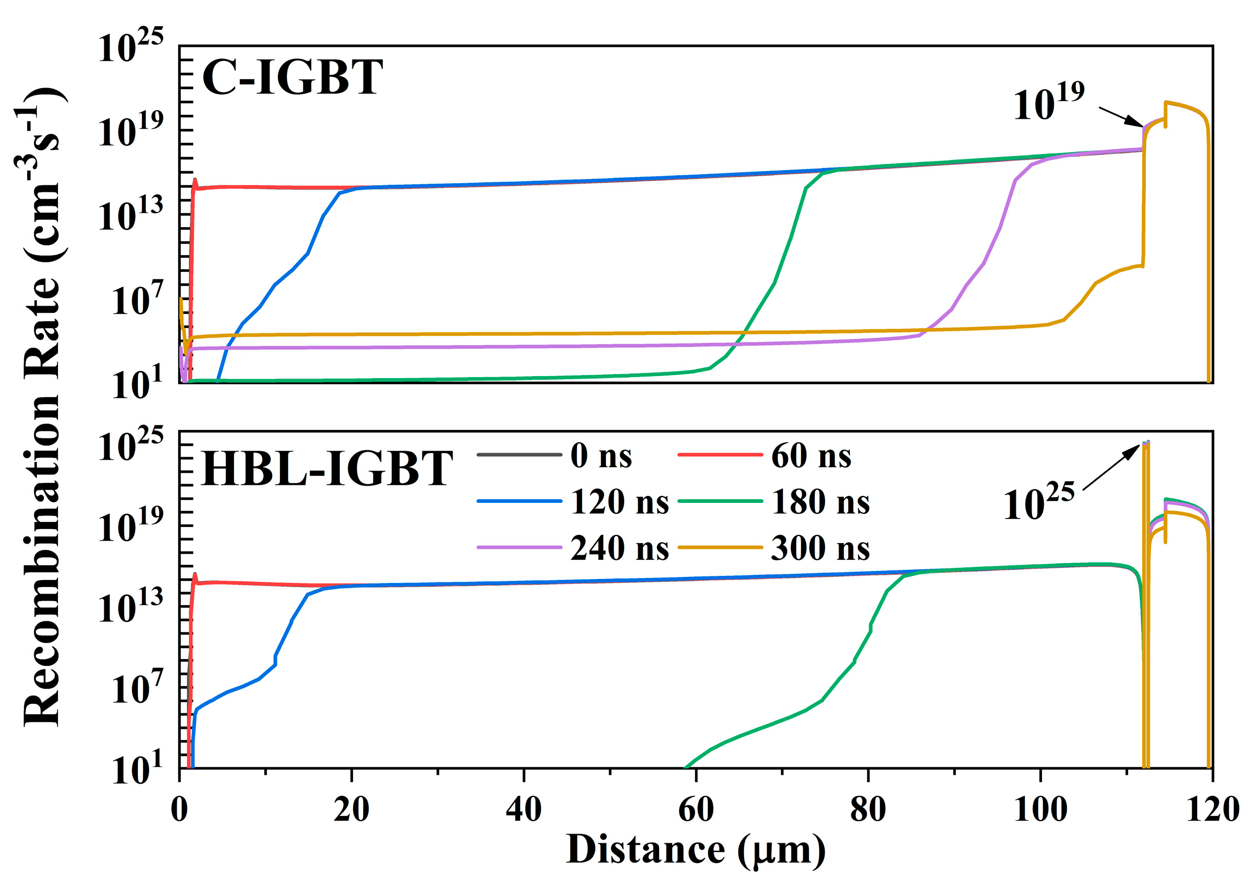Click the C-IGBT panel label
(292, 78)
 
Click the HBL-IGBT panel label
(327, 469)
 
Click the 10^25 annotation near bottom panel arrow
(1038, 502)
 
